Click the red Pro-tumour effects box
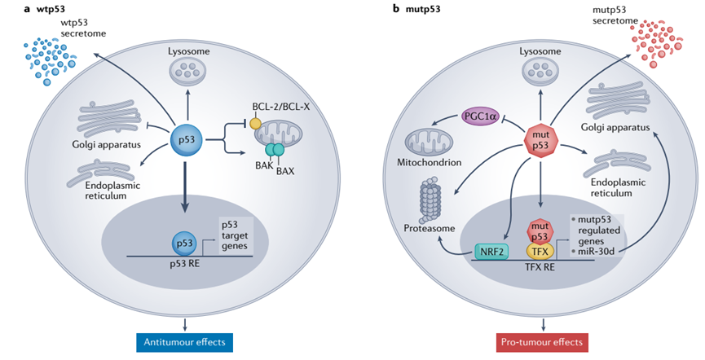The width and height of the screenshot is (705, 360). pos(542,341)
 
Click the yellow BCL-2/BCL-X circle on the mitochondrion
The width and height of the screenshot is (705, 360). pos(256,122)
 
